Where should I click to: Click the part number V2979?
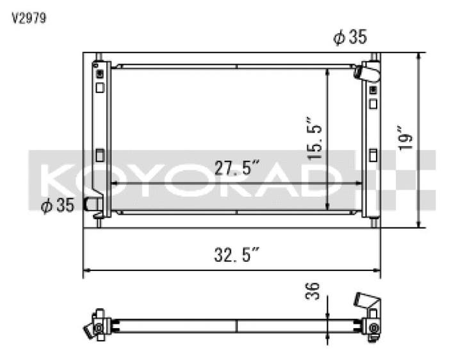point(29,18)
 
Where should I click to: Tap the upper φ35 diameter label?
point(350,37)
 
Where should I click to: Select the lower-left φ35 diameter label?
point(57,205)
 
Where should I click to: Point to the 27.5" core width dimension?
point(237,168)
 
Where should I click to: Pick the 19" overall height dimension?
point(405,138)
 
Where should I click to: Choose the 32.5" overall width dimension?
point(237,254)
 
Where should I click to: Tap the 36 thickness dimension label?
point(313,291)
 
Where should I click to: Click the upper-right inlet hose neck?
point(367,72)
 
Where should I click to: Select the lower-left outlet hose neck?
point(92,204)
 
